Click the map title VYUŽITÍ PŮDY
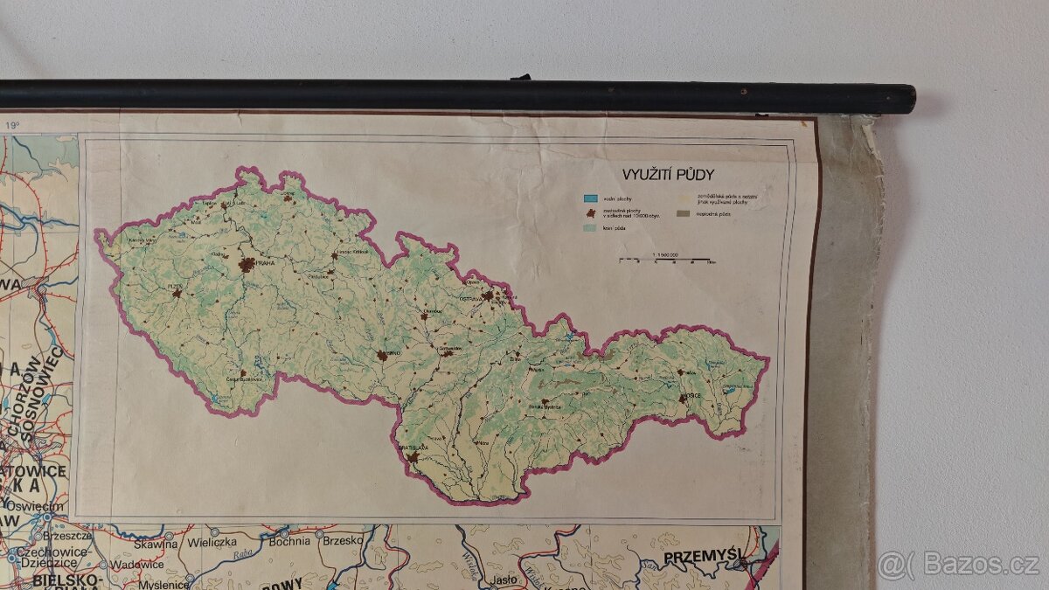click(x=668, y=175)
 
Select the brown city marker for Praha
click(x=247, y=263)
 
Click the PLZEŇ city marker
click(x=177, y=294)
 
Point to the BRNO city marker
click(x=382, y=355)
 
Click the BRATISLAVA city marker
click(x=412, y=456)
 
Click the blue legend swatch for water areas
click(x=591, y=198)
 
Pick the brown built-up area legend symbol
click(x=591, y=212)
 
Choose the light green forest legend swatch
click(x=591, y=227)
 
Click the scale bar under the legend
click(x=666, y=260)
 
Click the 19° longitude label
click(x=12, y=126)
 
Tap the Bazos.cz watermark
click(x=959, y=564)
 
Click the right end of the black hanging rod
click(x=909, y=98)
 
